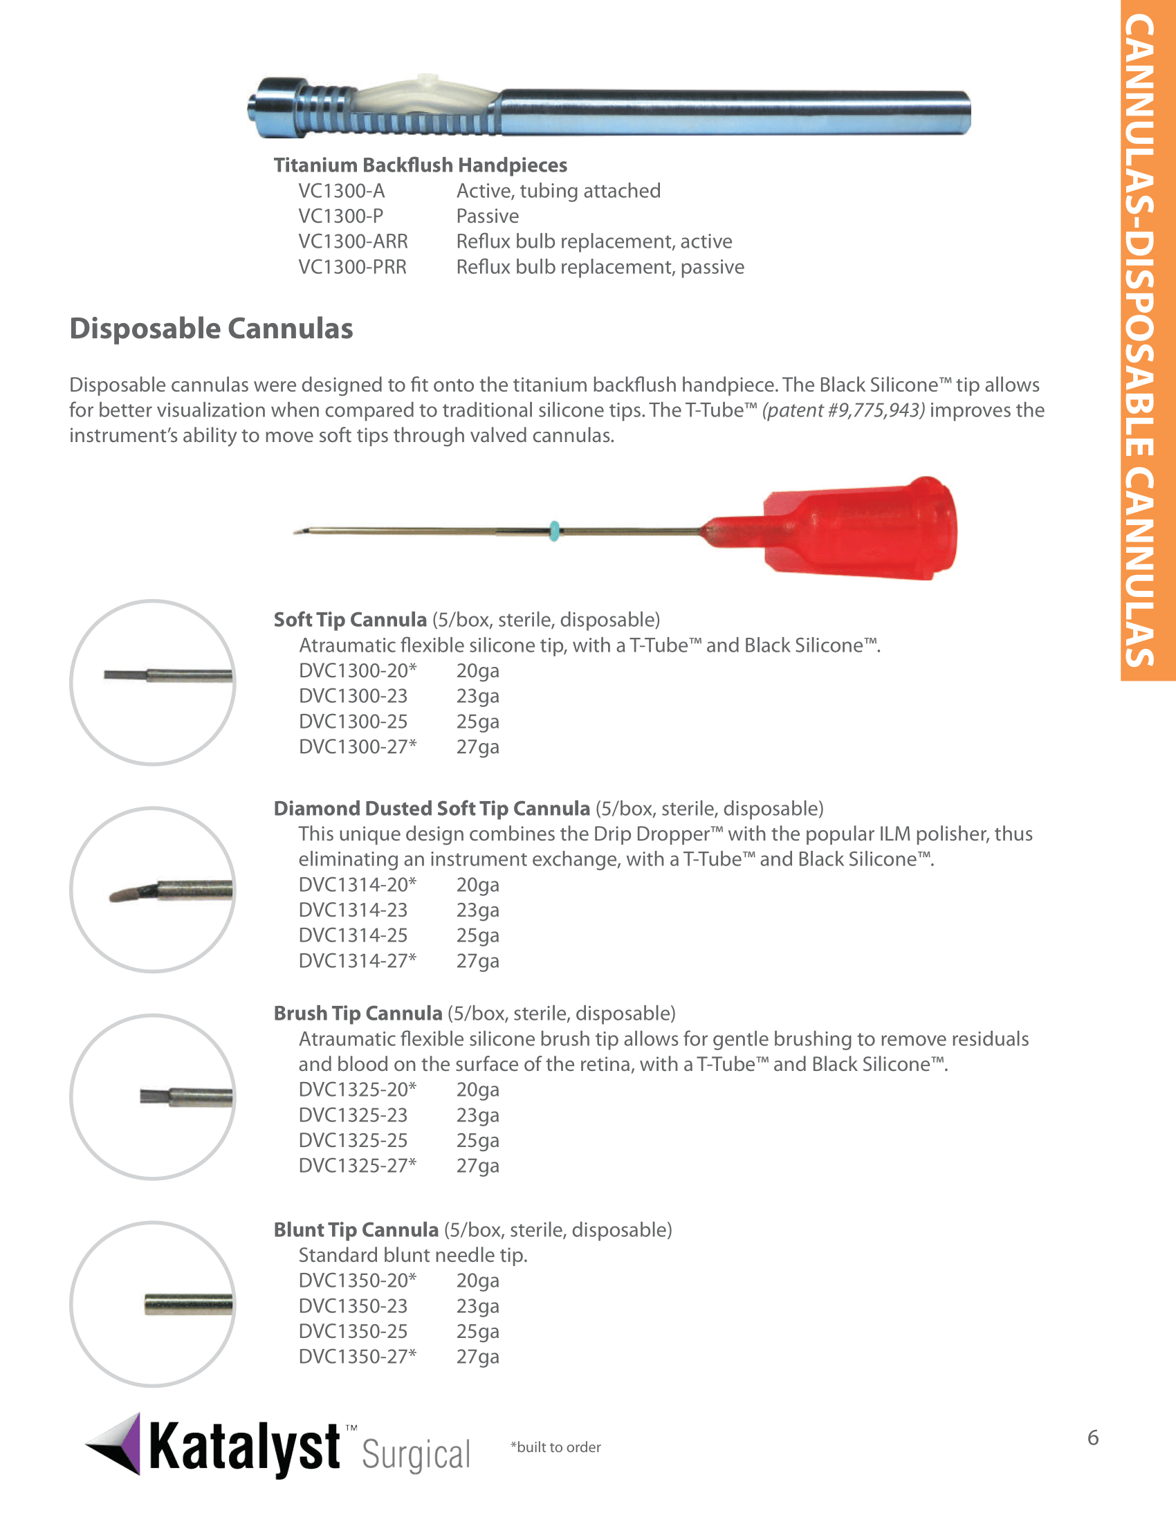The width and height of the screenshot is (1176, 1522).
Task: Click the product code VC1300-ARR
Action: [353, 242]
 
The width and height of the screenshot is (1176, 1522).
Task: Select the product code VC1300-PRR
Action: [353, 267]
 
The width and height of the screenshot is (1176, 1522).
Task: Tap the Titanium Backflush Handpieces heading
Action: [420, 165]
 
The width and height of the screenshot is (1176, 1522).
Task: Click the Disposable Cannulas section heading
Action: [211, 329]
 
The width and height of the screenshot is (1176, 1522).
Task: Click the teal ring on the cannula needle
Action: [555, 531]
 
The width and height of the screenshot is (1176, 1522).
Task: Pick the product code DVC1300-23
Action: [353, 696]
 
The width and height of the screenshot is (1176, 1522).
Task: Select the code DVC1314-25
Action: [353, 935]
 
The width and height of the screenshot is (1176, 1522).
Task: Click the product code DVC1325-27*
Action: [358, 1165]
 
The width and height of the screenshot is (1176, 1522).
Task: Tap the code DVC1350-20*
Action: [358, 1280]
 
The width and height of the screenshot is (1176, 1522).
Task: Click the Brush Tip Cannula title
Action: [358, 1014]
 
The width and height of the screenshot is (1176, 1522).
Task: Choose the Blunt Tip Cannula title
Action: [356, 1230]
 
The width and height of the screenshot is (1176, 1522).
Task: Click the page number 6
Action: [1093, 1438]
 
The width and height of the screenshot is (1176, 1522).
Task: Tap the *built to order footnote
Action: [555, 1447]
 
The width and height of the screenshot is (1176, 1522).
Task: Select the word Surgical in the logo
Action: [416, 1455]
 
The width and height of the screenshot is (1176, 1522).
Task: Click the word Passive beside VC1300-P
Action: [488, 216]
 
